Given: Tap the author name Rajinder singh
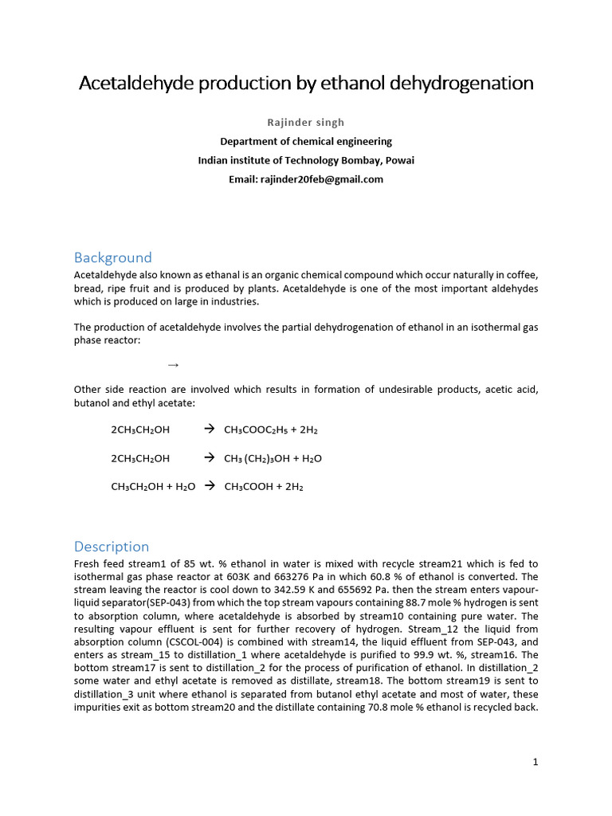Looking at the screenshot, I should [306, 122].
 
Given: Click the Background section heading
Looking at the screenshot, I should [112, 257].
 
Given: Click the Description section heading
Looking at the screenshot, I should [112, 547].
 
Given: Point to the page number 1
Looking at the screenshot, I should [536, 762].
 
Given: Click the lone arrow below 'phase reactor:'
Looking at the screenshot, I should [173, 365].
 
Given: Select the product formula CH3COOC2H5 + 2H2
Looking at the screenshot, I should [271, 430].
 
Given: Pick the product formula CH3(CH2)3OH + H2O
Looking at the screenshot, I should [273, 459].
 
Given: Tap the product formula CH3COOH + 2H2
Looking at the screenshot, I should [264, 487].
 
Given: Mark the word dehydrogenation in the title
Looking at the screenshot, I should [451, 83].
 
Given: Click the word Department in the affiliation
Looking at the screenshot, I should [251, 141].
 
